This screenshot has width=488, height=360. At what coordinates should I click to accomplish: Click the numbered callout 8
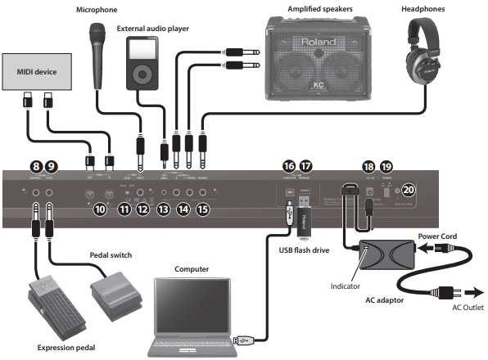35,166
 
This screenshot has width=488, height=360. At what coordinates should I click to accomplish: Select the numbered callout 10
100,209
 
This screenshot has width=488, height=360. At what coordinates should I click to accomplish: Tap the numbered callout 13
165,209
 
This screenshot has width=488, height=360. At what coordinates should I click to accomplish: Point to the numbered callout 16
288,166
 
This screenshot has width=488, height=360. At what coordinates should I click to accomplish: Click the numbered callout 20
409,190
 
